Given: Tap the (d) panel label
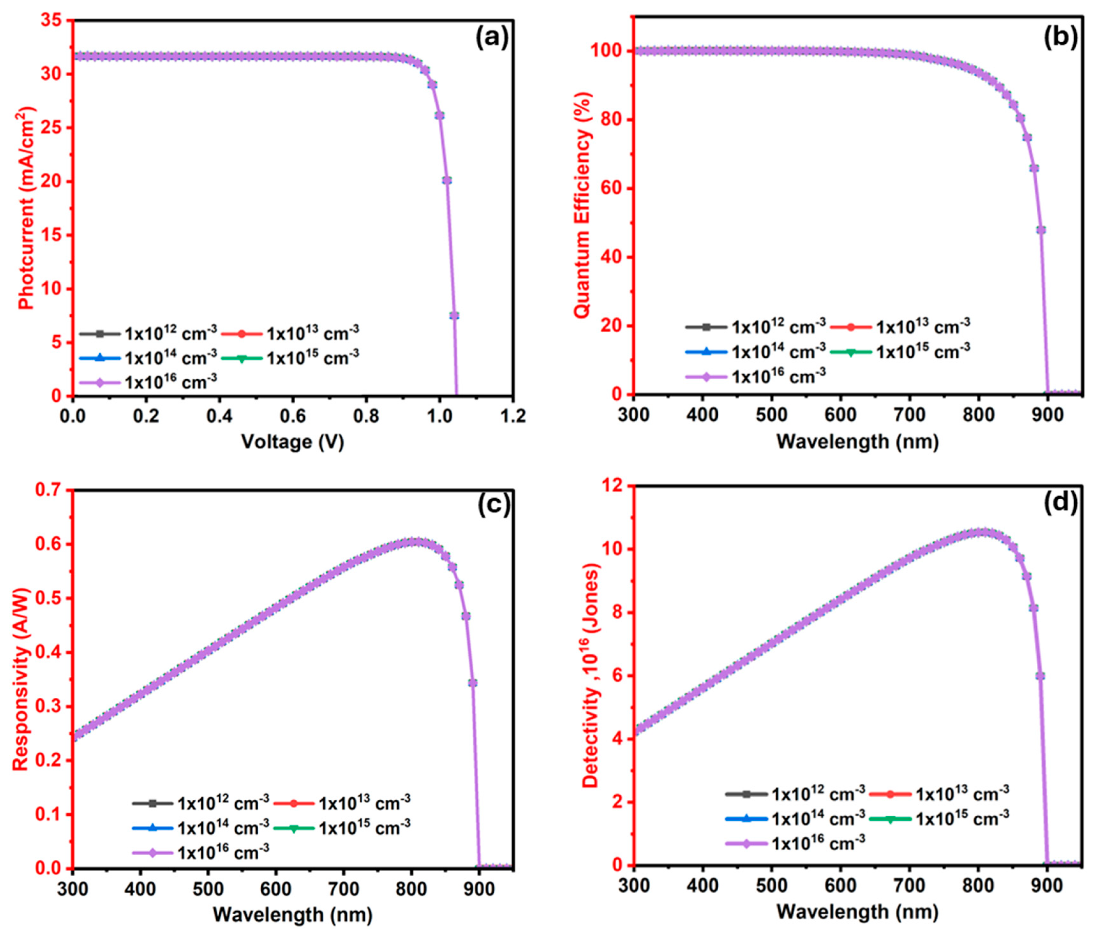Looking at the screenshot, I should pos(1060,502).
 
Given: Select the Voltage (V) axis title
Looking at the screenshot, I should pos(293,441).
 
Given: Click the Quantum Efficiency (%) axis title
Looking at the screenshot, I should pos(582,205).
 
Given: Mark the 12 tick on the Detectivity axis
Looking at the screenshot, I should pos(614,486).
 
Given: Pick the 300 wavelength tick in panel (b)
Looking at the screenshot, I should pos(633,415).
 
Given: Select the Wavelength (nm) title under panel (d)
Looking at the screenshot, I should pos(857,911).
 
